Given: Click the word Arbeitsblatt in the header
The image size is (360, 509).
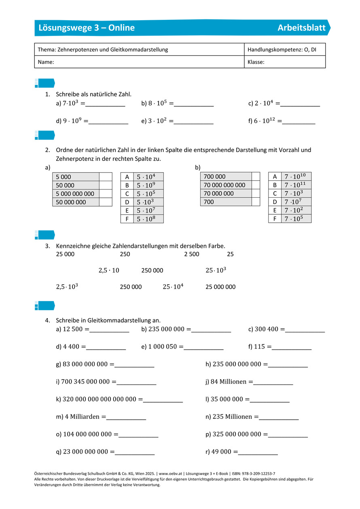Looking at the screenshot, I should [301, 27].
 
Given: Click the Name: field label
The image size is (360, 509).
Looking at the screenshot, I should [46, 62].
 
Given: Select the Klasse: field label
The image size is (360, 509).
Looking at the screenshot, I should [256, 62].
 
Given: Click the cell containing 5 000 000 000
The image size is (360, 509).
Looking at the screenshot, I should [75, 194].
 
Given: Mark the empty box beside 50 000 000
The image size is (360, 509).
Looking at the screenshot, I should [106, 202].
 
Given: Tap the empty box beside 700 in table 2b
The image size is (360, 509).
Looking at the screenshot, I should [256, 202].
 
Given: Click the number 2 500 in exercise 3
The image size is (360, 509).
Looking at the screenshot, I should [192, 254].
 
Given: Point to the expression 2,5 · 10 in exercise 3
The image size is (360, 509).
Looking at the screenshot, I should [109, 270].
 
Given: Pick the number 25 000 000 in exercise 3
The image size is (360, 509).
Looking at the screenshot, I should [220, 287].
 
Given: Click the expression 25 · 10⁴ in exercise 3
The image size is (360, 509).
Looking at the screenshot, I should [173, 287].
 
